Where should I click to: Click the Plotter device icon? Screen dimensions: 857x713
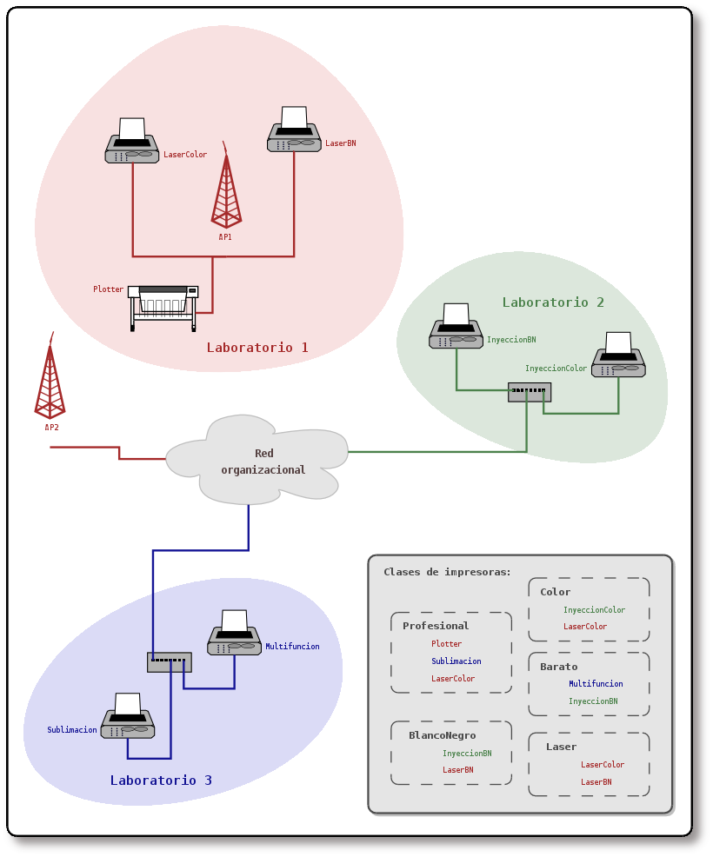click(x=163, y=307)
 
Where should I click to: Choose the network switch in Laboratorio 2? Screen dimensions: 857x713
click(x=530, y=392)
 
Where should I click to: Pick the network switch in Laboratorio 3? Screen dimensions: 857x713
click(x=169, y=662)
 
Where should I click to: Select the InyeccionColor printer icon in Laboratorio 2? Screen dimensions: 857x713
click(x=618, y=355)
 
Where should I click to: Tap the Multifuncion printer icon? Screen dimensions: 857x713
click(x=234, y=634)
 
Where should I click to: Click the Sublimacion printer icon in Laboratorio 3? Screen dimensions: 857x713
click(x=128, y=717)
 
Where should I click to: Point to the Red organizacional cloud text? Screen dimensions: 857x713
click(x=263, y=462)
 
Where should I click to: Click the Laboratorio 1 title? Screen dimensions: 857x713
click(x=257, y=348)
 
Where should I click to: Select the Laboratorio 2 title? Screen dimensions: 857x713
click(x=553, y=302)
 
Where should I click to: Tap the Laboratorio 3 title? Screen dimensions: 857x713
click(x=161, y=781)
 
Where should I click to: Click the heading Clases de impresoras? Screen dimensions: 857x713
click(x=447, y=572)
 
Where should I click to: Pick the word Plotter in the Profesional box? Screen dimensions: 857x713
click(x=446, y=644)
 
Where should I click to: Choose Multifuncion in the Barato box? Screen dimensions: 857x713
click(x=596, y=684)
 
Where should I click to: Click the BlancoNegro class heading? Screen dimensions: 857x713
click(x=442, y=735)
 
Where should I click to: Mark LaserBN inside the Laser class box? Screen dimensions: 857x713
click(x=596, y=782)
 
